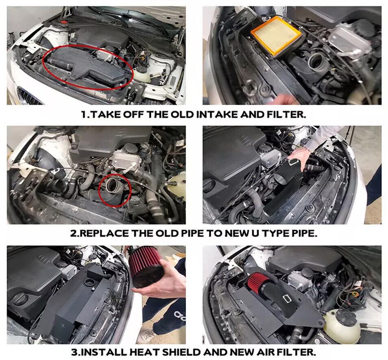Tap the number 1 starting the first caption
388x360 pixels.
pos(84,115)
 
